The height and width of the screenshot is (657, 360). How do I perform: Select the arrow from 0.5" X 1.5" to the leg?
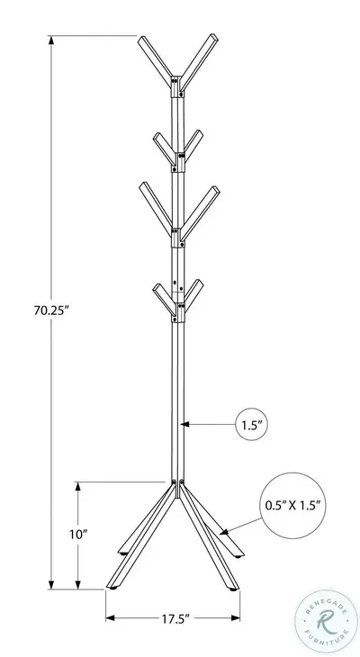tap(239, 527)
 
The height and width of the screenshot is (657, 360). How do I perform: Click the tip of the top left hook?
tap(141, 40)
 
